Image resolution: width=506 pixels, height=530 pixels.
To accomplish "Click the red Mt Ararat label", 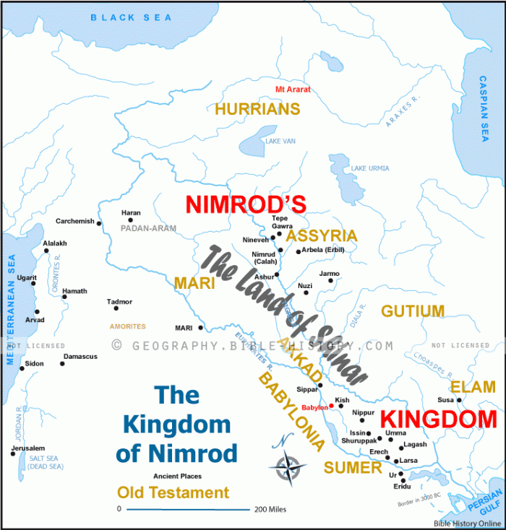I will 293,90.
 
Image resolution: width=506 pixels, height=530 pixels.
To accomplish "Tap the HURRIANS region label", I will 257,109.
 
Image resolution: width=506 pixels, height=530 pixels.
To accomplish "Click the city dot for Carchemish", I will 99,223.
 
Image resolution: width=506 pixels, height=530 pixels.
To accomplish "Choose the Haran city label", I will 131,212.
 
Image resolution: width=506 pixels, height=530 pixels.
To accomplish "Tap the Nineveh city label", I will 255,240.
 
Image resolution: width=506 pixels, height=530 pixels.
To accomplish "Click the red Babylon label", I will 314,407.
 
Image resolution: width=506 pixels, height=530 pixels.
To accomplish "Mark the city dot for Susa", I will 459,399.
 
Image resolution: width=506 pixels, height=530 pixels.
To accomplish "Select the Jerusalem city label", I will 28,448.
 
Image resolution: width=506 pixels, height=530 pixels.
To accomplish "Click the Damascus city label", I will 80,357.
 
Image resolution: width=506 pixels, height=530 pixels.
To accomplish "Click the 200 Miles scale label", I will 270,509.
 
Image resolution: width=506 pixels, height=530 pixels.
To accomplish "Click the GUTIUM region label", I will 413,311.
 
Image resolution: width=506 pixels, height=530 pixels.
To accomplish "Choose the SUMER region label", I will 352,468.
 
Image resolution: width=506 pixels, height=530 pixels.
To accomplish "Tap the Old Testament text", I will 173,493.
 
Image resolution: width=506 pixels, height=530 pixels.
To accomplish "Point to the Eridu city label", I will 402,487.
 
